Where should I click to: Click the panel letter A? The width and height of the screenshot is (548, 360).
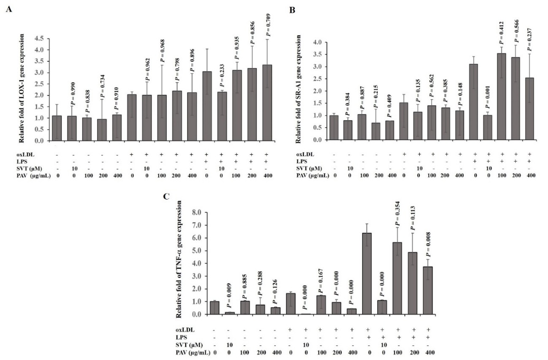[9, 11]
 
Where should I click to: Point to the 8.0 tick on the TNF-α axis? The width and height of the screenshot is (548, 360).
[197, 213]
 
